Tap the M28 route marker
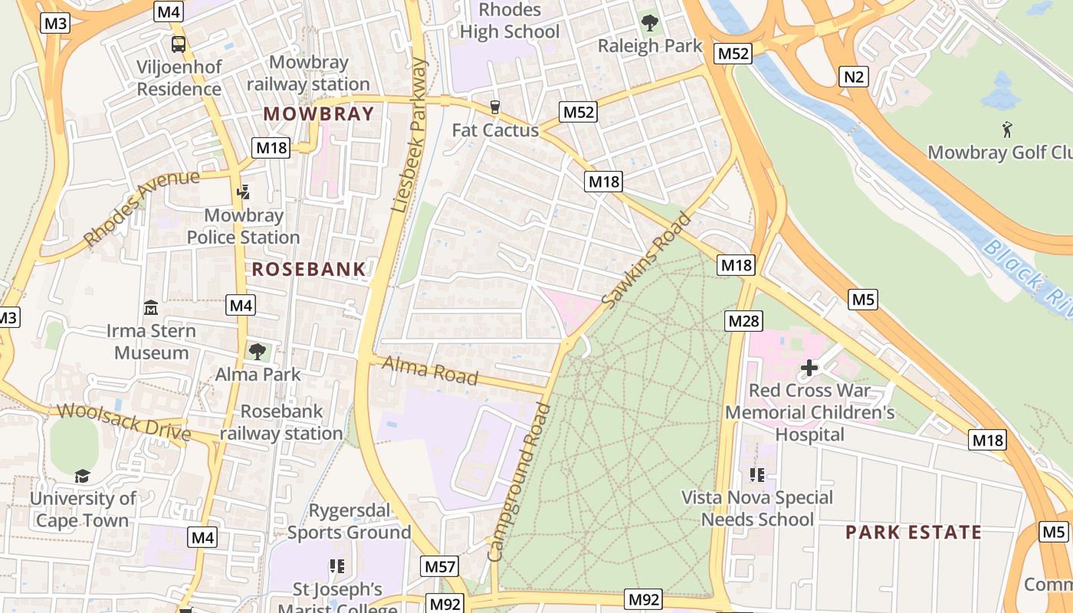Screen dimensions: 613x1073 (x=743, y=321)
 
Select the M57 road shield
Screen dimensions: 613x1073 (x=441, y=567)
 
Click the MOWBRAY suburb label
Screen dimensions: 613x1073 (x=319, y=114)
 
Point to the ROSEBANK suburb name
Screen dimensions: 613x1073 (x=309, y=269)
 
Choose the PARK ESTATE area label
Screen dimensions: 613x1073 (x=914, y=533)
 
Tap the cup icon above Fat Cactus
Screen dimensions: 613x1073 (x=495, y=107)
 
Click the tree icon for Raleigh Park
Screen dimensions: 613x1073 (x=650, y=23)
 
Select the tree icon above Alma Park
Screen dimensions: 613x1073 (x=258, y=352)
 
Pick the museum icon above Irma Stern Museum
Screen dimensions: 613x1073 (x=151, y=308)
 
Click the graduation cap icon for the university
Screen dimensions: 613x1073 (x=82, y=476)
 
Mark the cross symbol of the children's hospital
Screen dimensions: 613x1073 (x=809, y=369)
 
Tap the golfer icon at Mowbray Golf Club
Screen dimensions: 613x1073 (x=1007, y=129)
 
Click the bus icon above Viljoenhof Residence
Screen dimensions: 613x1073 (x=179, y=44)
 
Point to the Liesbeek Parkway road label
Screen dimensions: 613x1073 (x=409, y=135)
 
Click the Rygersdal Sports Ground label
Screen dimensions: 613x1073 (x=349, y=521)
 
